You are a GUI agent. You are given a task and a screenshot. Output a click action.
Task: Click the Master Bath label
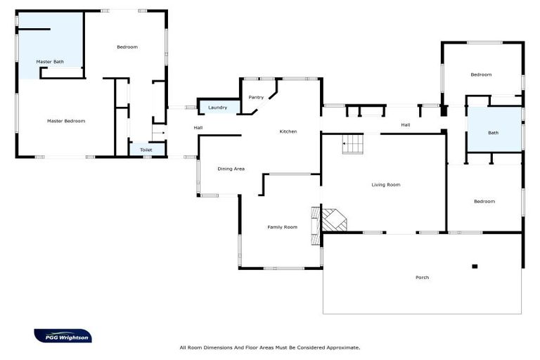[50, 62]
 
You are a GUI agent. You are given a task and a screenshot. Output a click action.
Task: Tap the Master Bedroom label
[66, 121]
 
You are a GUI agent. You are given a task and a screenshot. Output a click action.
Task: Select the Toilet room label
[146, 150]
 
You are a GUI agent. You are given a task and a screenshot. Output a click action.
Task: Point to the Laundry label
[218, 108]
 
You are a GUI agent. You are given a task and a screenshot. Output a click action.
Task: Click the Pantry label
[256, 97]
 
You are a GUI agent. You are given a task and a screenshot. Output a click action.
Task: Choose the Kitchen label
[288, 131]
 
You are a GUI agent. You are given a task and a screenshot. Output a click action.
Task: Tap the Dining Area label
[231, 169]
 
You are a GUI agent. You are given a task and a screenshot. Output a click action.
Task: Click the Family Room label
[282, 227]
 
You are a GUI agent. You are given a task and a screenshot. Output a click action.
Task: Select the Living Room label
[386, 185]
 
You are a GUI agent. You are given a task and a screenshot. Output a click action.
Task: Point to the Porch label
[422, 278]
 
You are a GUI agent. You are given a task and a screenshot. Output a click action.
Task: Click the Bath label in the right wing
[494, 133]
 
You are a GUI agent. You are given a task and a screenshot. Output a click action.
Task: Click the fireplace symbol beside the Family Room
[333, 219]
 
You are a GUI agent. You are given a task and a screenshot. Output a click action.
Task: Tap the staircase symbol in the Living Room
[353, 145]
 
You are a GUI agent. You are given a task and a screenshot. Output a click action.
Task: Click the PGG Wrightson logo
[63, 336]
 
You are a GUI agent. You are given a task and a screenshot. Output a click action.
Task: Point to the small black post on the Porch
[475, 266]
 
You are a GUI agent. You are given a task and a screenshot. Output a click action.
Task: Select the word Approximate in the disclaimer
[340, 347]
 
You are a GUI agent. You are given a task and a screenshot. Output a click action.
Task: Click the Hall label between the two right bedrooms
[406, 125]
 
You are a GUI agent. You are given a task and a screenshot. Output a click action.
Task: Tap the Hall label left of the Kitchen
[198, 128]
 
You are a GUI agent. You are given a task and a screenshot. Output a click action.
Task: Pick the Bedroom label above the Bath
[481, 75]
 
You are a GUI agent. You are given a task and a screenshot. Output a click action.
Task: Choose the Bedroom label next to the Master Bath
[127, 47]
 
